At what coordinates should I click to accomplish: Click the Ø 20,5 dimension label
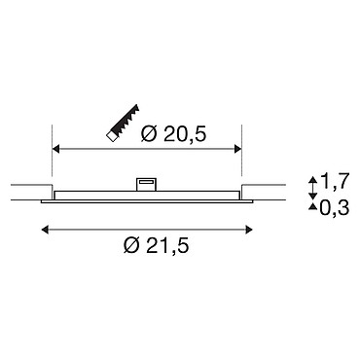click(173, 134)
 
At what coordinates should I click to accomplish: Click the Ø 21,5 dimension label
click(156, 246)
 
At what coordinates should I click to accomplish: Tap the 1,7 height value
click(335, 182)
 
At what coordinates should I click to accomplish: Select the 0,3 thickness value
click(335, 208)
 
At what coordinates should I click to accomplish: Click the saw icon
click(123, 124)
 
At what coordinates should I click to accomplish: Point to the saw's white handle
click(112, 136)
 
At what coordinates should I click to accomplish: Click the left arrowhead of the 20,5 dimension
click(55, 149)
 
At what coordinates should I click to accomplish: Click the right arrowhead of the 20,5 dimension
click(238, 149)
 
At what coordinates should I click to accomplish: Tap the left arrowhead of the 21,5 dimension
click(45, 230)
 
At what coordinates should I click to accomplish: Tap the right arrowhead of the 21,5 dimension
click(249, 230)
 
